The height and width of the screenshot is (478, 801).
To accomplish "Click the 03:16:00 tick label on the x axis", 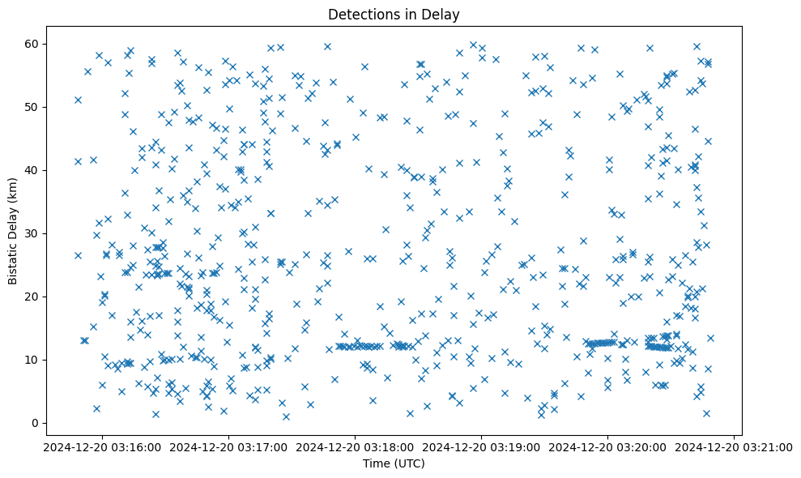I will (102, 446).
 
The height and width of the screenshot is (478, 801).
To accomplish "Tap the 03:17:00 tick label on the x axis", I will (228, 446).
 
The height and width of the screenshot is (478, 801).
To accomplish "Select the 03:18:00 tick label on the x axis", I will (355, 446).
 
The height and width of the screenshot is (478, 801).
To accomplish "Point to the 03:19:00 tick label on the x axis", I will (482, 446).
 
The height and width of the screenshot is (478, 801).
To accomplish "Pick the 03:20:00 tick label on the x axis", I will (608, 446).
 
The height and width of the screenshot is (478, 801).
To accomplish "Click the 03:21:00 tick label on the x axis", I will (735, 446).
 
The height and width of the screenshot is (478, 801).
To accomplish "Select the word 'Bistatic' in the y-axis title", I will (13, 262).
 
